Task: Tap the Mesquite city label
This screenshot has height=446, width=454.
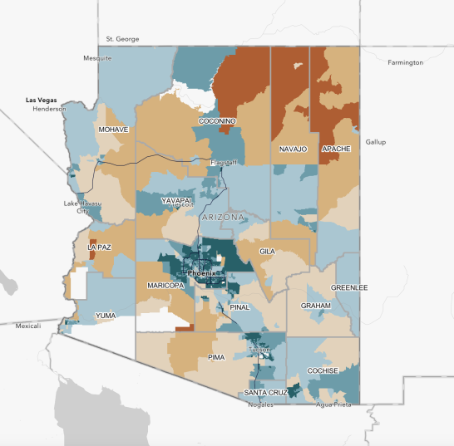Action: pos(96,58)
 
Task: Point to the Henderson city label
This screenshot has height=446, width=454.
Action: pos(49,109)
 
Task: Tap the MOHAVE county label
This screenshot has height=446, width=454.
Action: pos(113,130)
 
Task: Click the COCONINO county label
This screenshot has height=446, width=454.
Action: pos(218,121)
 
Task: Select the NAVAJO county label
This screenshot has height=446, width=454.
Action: pos(294,149)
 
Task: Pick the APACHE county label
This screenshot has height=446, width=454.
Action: pos(336,149)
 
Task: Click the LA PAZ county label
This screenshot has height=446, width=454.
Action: pos(99,248)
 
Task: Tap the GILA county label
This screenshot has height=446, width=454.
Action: pos(267,250)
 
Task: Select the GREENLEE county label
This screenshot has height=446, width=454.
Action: pos(349,287)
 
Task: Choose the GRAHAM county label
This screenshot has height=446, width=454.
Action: pos(316,306)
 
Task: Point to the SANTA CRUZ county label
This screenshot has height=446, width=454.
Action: pos(266,392)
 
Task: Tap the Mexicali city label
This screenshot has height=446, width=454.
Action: pos(27,326)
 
